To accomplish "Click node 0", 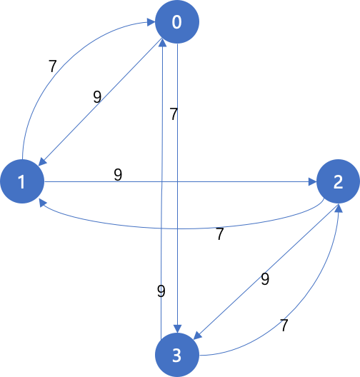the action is click(x=177, y=22).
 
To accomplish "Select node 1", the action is click(x=22, y=181).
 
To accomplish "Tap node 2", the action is click(x=338, y=181).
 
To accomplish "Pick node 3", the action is click(x=177, y=355).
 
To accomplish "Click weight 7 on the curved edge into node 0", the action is click(x=52, y=66).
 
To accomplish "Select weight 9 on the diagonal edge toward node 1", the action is click(x=97, y=97).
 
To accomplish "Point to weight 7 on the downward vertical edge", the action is click(x=174, y=114).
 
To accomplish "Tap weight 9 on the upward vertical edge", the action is click(x=161, y=291).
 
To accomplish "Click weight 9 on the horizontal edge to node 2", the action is click(x=118, y=175).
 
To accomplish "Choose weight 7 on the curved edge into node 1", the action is click(x=220, y=234).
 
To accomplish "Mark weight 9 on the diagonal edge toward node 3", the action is click(x=265, y=279).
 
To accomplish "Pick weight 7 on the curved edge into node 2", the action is click(x=284, y=326).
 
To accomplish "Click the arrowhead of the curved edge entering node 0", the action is click(x=151, y=22).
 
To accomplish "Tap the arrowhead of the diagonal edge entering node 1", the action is click(x=42, y=161).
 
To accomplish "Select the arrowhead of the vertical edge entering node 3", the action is click(x=177, y=329).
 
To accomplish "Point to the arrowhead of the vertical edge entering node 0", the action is click(x=163, y=43).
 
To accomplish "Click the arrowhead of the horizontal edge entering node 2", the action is click(x=312, y=182).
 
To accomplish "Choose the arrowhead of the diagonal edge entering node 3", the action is click(x=198, y=336).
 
